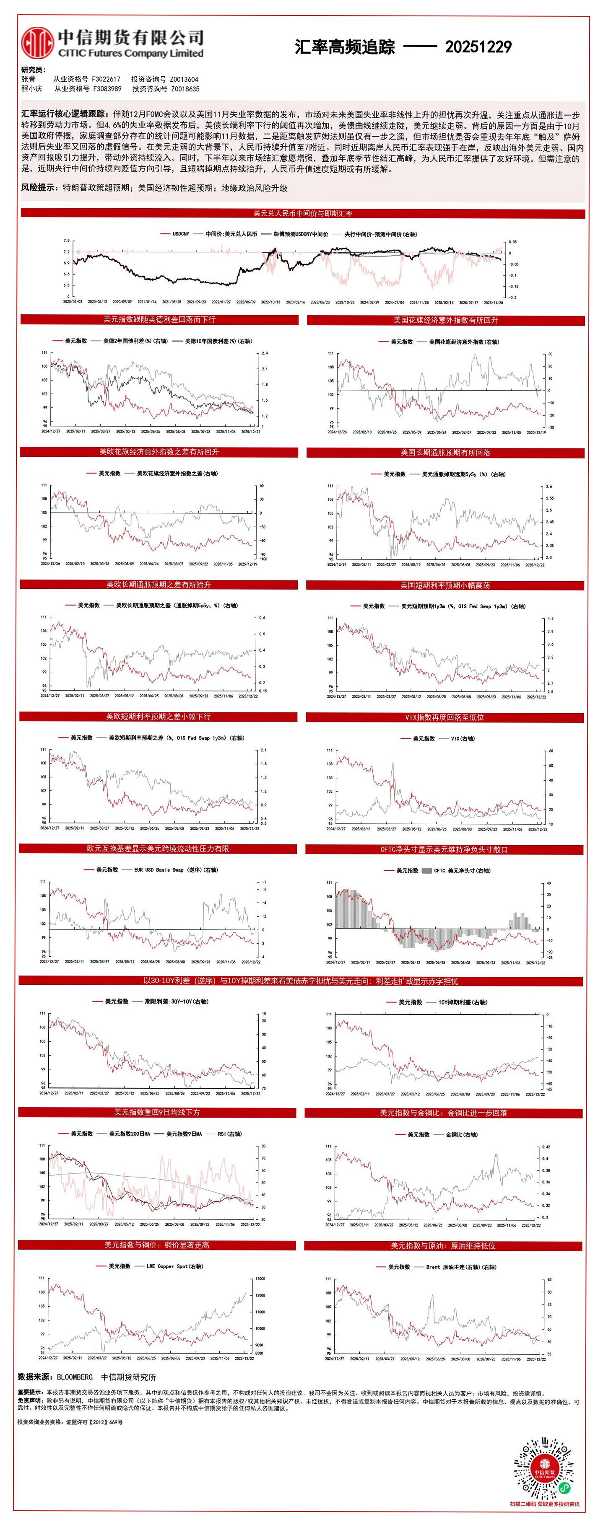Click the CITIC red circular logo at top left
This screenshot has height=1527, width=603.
coord(37,43)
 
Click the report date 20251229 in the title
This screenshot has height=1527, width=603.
coord(478,47)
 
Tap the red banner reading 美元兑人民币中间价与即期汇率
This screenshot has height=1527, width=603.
coord(302,213)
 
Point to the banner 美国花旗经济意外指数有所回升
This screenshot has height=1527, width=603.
coord(445,320)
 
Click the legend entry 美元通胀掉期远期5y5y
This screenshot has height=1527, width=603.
coord(463,474)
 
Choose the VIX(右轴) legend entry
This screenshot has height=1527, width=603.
coord(463,739)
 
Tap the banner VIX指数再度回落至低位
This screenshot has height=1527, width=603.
coord(444,717)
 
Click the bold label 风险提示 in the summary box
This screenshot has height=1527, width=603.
coord(40,188)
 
